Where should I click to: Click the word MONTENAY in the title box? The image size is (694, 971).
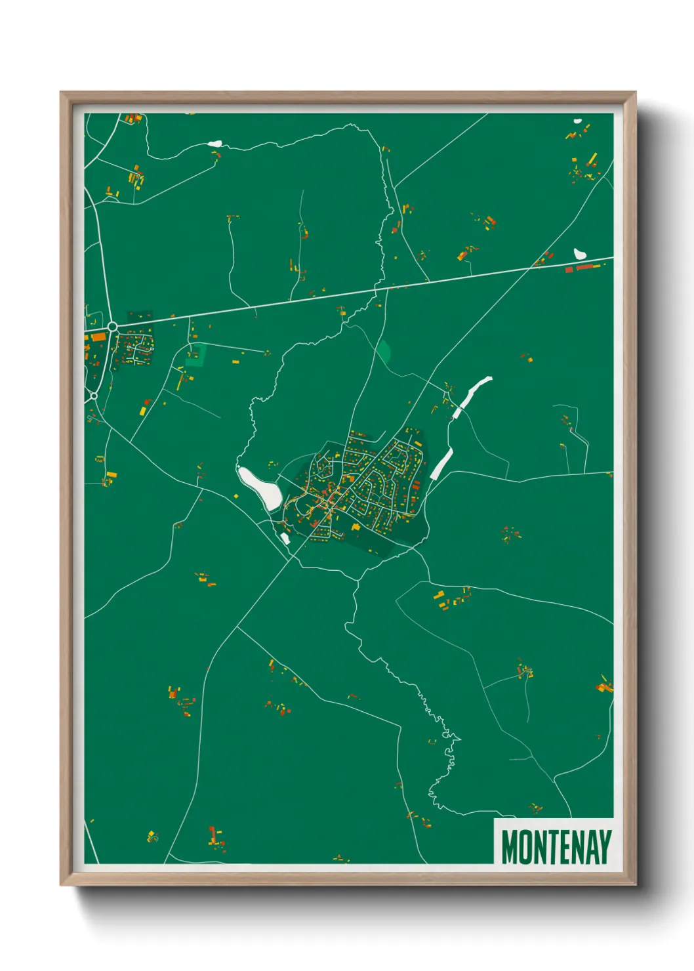pyautogui.click(x=556, y=847)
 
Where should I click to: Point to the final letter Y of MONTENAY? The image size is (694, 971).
pyautogui.click(x=605, y=847)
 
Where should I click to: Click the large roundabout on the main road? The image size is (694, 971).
pyautogui.click(x=112, y=326)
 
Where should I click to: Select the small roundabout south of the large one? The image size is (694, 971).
pyautogui.click(x=94, y=396)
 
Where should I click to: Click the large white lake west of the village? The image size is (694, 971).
pyautogui.click(x=260, y=486)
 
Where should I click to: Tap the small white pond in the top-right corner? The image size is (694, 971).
pyautogui.click(x=577, y=121)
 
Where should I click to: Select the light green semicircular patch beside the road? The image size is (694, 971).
pyautogui.click(x=384, y=351)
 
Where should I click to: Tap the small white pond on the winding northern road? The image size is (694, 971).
pyautogui.click(x=215, y=142)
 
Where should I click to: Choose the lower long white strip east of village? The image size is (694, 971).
pyautogui.click(x=441, y=463)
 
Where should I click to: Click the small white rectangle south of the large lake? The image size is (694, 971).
pyautogui.click(x=285, y=538)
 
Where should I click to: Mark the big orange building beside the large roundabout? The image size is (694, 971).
pyautogui.click(x=97, y=337)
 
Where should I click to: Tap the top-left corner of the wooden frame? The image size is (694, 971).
pyautogui.click(x=62, y=93)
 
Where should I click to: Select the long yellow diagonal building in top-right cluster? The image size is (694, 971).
pyautogui.click(x=592, y=159)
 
